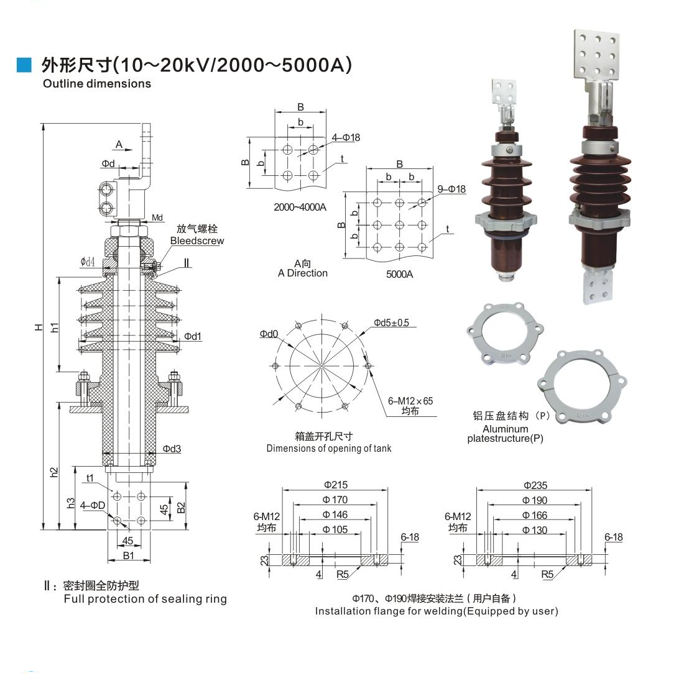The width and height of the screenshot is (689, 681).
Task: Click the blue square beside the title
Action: click(x=24, y=65)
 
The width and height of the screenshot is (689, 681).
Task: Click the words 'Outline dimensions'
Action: click(x=96, y=83)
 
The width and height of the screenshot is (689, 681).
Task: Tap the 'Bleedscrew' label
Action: click(x=197, y=240)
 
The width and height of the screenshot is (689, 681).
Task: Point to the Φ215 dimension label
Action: click(x=336, y=485)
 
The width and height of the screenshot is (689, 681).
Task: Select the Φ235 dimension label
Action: click(x=535, y=485)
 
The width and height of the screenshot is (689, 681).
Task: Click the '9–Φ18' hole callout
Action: click(x=451, y=189)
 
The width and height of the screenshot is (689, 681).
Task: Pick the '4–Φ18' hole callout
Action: click(x=346, y=137)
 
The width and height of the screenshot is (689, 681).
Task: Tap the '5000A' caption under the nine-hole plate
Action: click(x=399, y=275)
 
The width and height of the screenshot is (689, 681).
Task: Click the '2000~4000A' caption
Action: click(x=300, y=208)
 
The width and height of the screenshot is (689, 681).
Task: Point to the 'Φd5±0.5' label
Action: click(x=391, y=322)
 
